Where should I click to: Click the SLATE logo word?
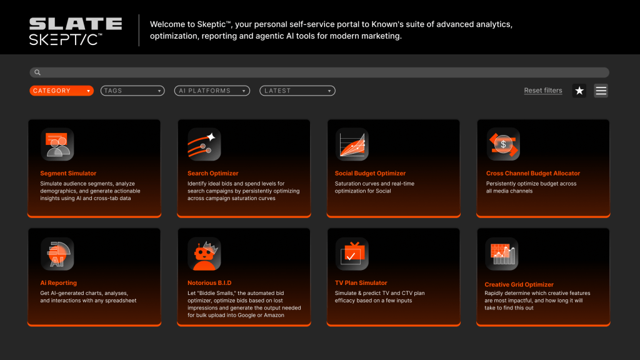[76, 24]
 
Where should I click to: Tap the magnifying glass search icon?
[37, 72]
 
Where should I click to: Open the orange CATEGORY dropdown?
[62, 91]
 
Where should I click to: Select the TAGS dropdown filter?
[132, 91]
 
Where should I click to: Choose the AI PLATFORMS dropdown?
[212, 91]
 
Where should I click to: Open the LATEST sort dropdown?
[297, 91]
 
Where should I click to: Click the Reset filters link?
[543, 90]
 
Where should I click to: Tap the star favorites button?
[579, 91]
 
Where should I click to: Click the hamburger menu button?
[601, 91]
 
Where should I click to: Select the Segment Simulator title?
[68, 173]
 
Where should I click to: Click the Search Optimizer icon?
[204, 144]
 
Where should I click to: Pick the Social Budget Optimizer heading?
[370, 173]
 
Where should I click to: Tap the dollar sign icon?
[503, 144]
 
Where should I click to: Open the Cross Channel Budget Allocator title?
[533, 173]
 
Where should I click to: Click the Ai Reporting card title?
[58, 282]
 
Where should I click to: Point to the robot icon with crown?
[204, 254]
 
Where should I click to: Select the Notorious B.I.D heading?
[209, 282]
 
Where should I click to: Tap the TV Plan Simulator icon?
[352, 254]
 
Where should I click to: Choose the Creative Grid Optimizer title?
[519, 284]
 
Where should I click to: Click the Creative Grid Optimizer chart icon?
[502, 254]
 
